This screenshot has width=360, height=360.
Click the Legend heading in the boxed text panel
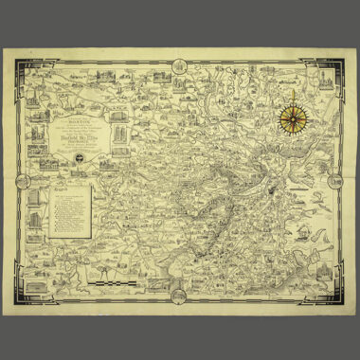click(x=63, y=188)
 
